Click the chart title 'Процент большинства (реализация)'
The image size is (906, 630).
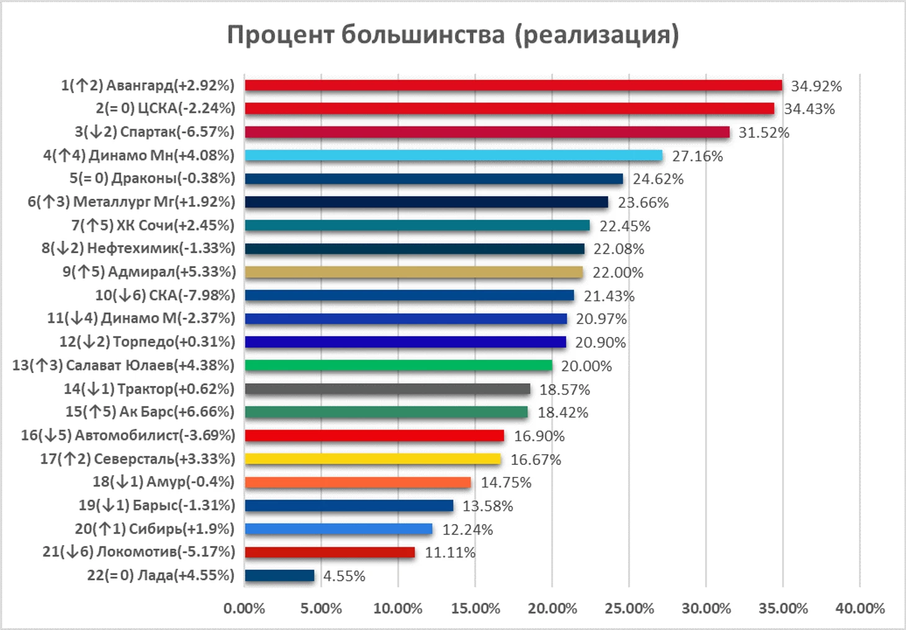pos(452,35)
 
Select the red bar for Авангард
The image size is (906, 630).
pos(513,85)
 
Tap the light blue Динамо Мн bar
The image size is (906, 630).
pos(453,155)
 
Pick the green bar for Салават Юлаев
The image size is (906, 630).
pos(398,365)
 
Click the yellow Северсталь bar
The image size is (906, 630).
pos(372,459)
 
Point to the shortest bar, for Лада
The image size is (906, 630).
pos(279,575)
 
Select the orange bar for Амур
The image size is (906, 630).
pos(357,482)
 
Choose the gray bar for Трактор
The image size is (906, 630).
pos(387,389)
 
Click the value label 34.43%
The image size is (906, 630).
pos(809,109)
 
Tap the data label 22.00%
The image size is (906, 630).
pos(617,272)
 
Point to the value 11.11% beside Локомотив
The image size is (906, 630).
pos(450,552)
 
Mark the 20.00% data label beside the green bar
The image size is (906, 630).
pos(586,366)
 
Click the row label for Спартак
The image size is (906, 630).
pos(155,132)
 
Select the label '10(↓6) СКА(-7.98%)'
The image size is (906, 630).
pos(165,295)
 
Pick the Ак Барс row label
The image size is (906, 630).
pos(150,412)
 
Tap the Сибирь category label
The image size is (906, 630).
pos(155,529)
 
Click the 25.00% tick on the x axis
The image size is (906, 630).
pos(629,608)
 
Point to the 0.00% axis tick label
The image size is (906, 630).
pos(244,608)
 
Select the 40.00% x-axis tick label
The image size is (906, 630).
pos(859,608)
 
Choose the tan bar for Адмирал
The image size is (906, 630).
pos(414,272)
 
